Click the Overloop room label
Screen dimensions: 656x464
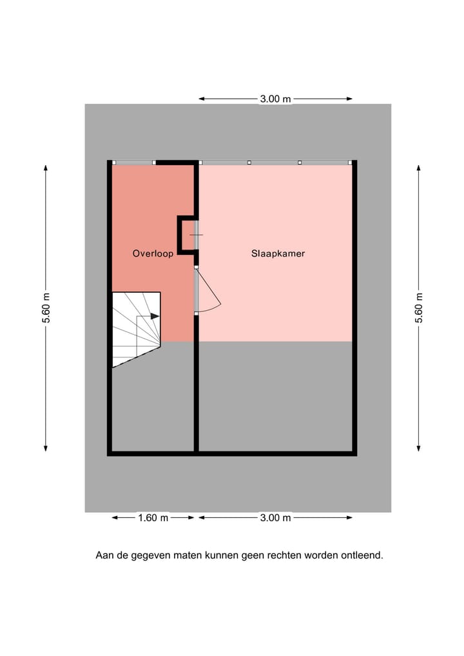click(153, 253)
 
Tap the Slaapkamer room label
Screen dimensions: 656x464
click(278, 253)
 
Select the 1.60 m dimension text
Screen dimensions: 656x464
click(153, 517)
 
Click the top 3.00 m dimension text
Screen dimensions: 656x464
click(275, 99)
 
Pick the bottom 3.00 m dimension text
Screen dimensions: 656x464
click(275, 517)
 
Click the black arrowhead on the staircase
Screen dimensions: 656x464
click(155, 316)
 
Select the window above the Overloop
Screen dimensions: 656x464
click(133, 162)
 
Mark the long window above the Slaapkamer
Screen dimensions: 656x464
click(275, 162)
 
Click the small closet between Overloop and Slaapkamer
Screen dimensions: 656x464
click(188, 235)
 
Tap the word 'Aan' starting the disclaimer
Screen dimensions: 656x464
click(104, 555)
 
